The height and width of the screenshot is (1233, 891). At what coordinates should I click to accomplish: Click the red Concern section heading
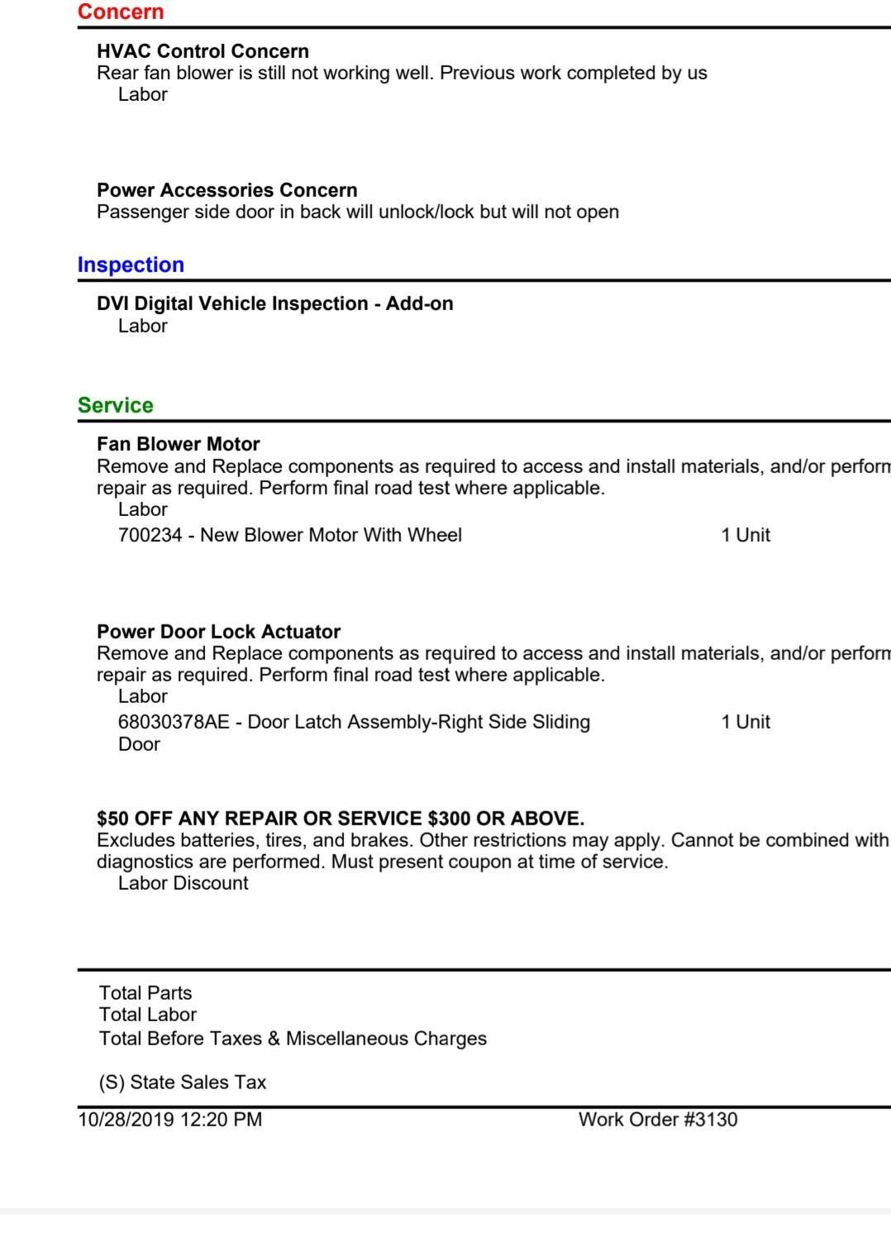[x=121, y=12]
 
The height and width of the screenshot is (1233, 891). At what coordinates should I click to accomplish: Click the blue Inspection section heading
[x=131, y=265]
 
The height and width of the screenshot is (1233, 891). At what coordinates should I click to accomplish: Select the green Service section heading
[x=115, y=405]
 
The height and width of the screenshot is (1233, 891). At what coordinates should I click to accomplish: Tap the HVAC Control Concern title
[x=202, y=51]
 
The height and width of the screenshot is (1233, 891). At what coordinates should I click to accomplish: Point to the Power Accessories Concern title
[x=226, y=190]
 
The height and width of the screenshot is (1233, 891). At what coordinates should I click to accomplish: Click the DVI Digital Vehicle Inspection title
[x=274, y=303]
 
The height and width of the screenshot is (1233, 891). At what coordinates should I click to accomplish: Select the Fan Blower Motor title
[x=178, y=444]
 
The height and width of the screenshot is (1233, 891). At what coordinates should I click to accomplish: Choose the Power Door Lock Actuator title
[x=218, y=632]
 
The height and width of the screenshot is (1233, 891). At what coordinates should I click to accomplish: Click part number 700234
[x=150, y=535]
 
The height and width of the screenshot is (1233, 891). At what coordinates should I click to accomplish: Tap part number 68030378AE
[x=174, y=722]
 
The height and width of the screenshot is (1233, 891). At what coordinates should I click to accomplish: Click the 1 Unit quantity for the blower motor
[x=745, y=535]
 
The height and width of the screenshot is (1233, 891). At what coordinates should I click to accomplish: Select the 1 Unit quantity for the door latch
[x=745, y=722]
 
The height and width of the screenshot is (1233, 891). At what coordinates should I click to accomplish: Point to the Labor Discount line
[x=183, y=883]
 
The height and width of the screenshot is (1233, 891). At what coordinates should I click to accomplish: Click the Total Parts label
[x=145, y=993]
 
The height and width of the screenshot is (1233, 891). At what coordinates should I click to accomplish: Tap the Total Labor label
[x=148, y=1015]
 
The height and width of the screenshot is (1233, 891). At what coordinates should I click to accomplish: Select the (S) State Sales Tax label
[x=183, y=1082]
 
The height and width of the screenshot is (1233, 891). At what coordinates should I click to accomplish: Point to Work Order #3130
[x=658, y=1120]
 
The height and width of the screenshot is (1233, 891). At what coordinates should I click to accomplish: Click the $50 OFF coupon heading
[x=340, y=819]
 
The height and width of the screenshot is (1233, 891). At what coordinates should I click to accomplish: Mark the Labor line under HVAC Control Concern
[x=142, y=94]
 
